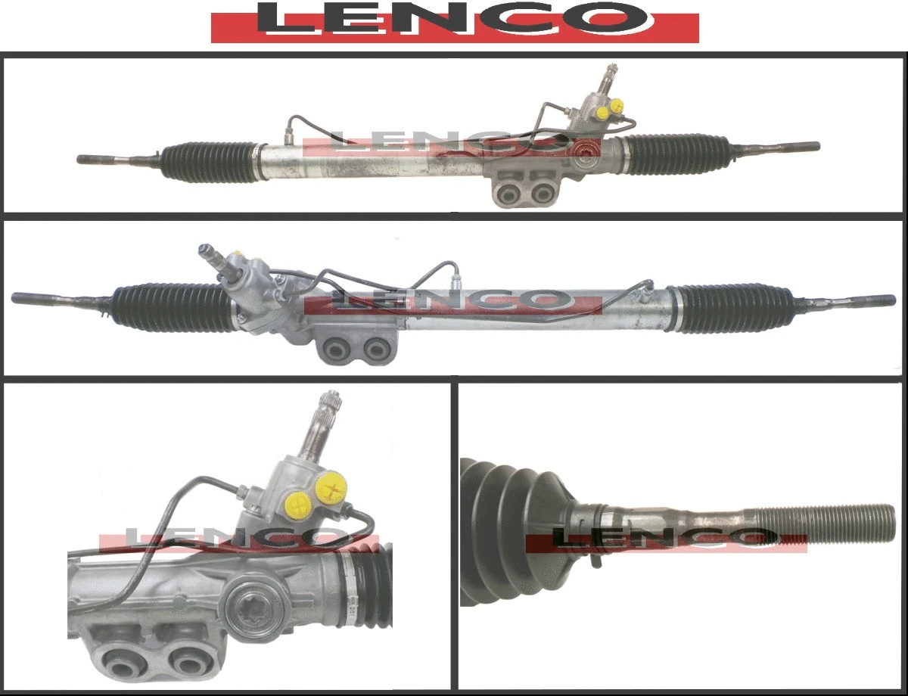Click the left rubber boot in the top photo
[x=208, y=161]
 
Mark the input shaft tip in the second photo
[x=204, y=249]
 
